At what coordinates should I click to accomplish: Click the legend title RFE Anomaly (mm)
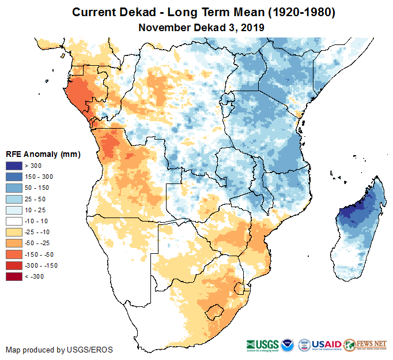point(43,155)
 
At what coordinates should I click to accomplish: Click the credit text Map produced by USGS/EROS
point(59,350)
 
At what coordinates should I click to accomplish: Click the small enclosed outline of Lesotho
point(214,311)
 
